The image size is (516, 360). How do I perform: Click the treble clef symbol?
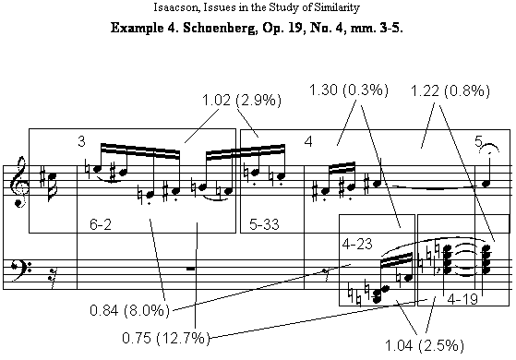[19, 182]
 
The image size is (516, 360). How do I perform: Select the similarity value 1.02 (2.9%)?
[242, 100]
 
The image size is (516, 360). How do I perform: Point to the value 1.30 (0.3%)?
[349, 90]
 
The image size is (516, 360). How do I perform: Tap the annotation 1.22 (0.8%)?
[450, 90]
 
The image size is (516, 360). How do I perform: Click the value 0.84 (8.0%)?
[129, 310]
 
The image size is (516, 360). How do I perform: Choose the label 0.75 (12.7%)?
[166, 338]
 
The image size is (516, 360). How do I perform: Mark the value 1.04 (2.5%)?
[425, 345]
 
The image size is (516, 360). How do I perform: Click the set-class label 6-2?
[101, 224]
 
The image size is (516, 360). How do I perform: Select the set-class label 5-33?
[264, 224]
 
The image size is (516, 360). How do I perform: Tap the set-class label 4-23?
[357, 244]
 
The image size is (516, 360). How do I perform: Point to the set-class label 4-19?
[462, 299]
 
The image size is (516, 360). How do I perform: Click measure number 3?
[81, 141]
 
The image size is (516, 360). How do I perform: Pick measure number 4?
[308, 142]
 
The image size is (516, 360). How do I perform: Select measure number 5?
[478, 141]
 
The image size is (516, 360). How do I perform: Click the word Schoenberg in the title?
[220, 28]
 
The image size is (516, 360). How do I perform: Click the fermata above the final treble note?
[489, 149]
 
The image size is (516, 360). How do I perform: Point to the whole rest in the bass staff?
[190, 270]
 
